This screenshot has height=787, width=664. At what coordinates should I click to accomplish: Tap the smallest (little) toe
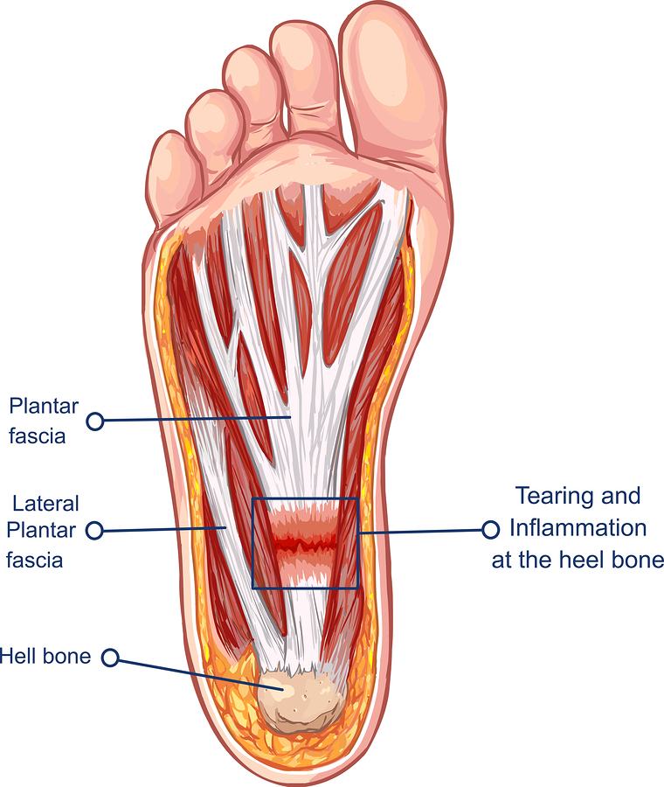coord(169,175)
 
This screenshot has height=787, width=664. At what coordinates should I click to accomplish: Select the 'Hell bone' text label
coord(45,655)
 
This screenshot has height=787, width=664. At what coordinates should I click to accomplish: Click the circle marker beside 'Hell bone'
coord(110,658)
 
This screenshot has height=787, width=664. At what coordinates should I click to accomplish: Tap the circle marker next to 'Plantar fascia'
coord(95,421)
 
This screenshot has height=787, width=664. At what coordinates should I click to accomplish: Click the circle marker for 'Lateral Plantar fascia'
coord(95,530)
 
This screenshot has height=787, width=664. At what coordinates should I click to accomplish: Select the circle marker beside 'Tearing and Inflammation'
coord(490,529)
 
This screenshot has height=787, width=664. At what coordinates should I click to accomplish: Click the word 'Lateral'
coord(46,504)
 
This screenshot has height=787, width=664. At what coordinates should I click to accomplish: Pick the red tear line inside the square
coord(304,545)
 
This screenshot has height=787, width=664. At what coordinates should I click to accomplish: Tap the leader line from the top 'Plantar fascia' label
coord(192,420)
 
